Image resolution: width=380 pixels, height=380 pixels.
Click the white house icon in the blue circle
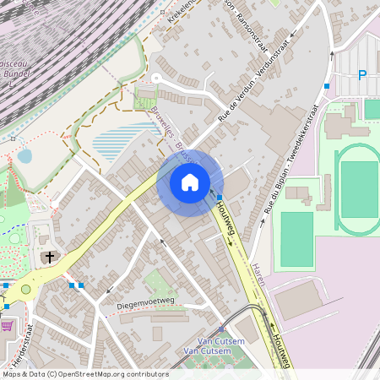point(190,182)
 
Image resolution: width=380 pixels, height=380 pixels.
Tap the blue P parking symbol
point(362,76)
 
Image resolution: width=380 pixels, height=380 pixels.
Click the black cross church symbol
point(50,257)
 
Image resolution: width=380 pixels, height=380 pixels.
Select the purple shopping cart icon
point(8,325)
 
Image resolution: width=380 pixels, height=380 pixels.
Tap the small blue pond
point(24,156)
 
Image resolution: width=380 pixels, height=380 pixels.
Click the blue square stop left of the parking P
point(327,86)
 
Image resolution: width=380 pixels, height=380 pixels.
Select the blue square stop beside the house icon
point(220,196)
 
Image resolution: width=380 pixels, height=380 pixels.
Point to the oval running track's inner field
point(359,190)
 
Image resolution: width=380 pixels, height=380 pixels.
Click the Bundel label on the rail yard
point(18,73)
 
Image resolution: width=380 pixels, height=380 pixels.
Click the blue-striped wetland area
point(122,142)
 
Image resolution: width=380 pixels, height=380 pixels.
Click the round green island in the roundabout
point(25,290)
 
